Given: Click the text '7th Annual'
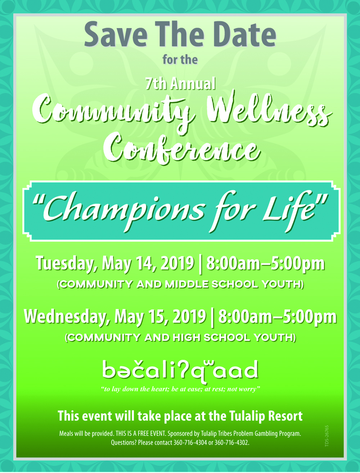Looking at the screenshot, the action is [x=180, y=84].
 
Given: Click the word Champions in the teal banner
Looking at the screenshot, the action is [x=124, y=210].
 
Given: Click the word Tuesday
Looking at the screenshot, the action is [x=66, y=264].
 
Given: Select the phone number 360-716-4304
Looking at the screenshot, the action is [x=190, y=443].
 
